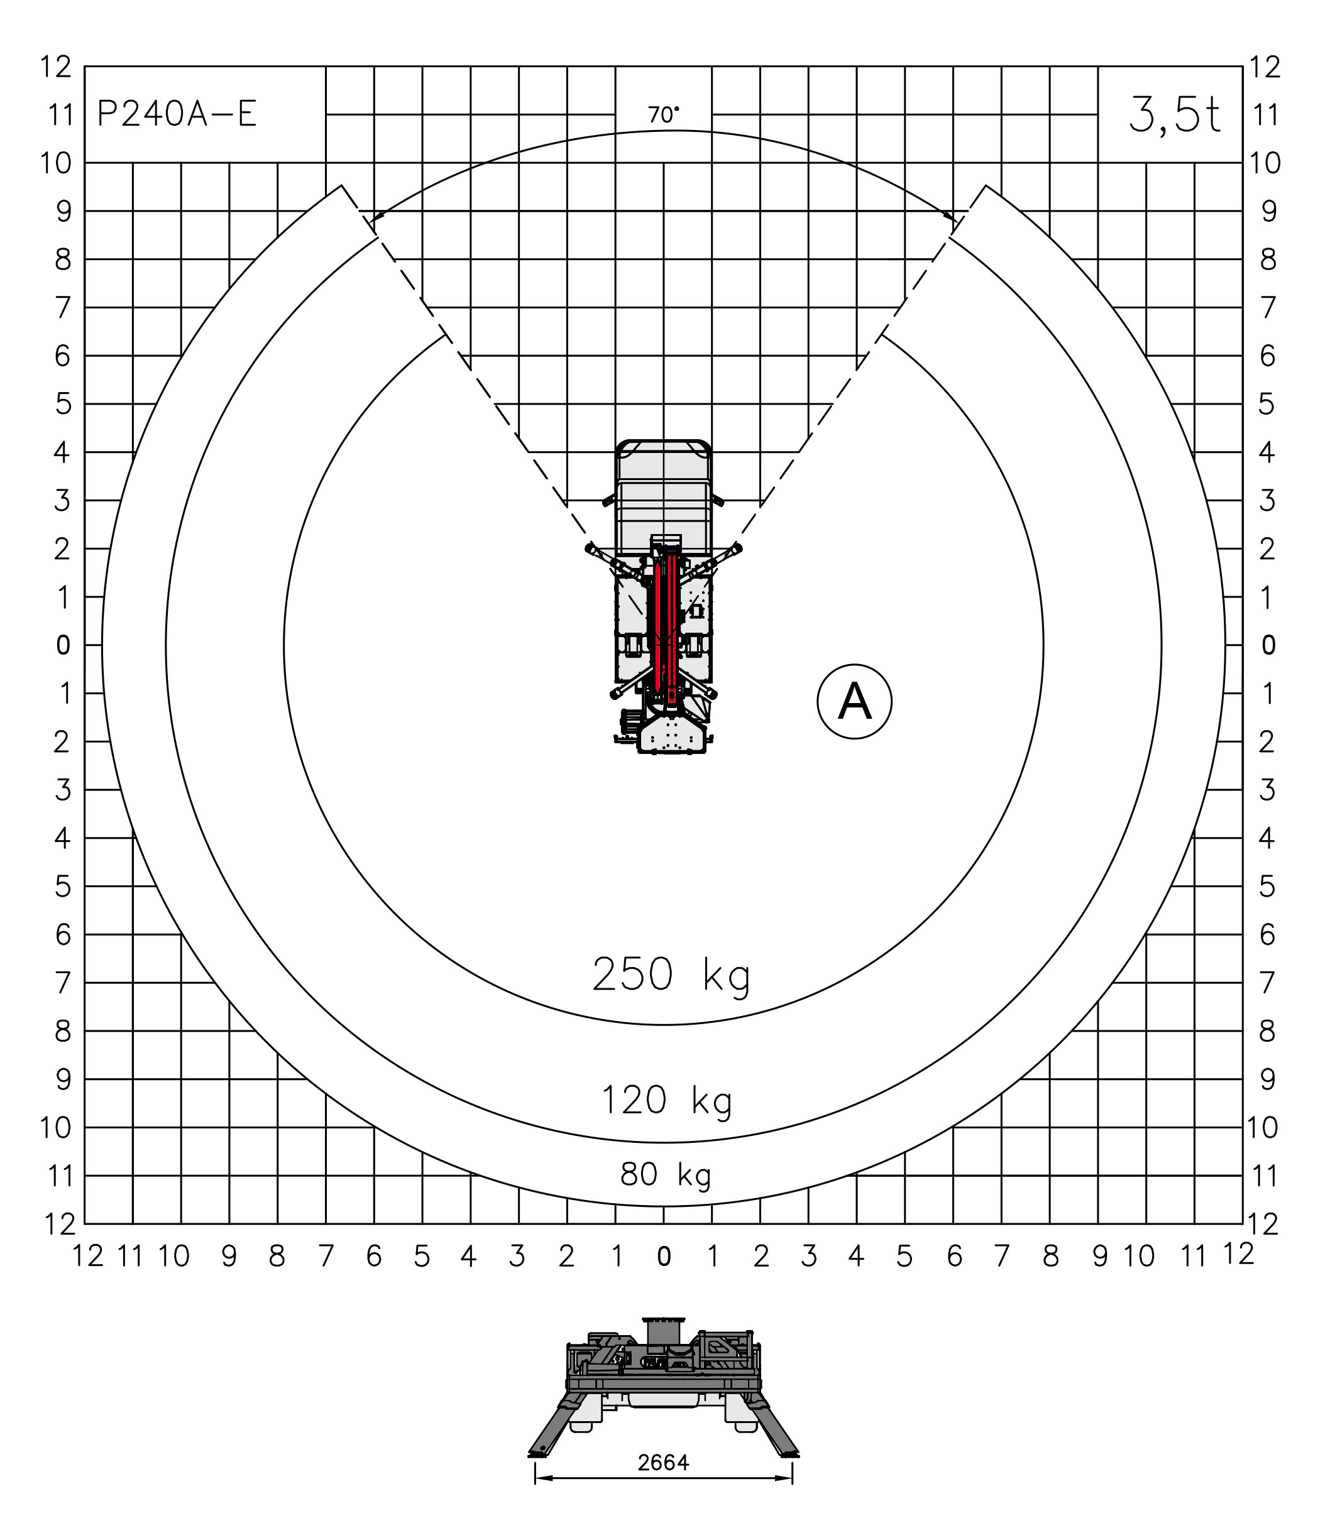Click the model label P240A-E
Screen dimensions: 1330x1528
tap(177, 114)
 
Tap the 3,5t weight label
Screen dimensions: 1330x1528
tap(1174, 115)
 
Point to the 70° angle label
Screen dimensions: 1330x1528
tap(662, 115)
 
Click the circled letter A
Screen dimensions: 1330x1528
tap(854, 701)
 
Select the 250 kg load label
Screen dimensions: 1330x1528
tap(671, 974)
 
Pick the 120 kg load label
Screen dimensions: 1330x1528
tap(666, 1100)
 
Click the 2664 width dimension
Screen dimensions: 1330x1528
tap(664, 1463)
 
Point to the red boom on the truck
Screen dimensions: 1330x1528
tap(665, 623)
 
